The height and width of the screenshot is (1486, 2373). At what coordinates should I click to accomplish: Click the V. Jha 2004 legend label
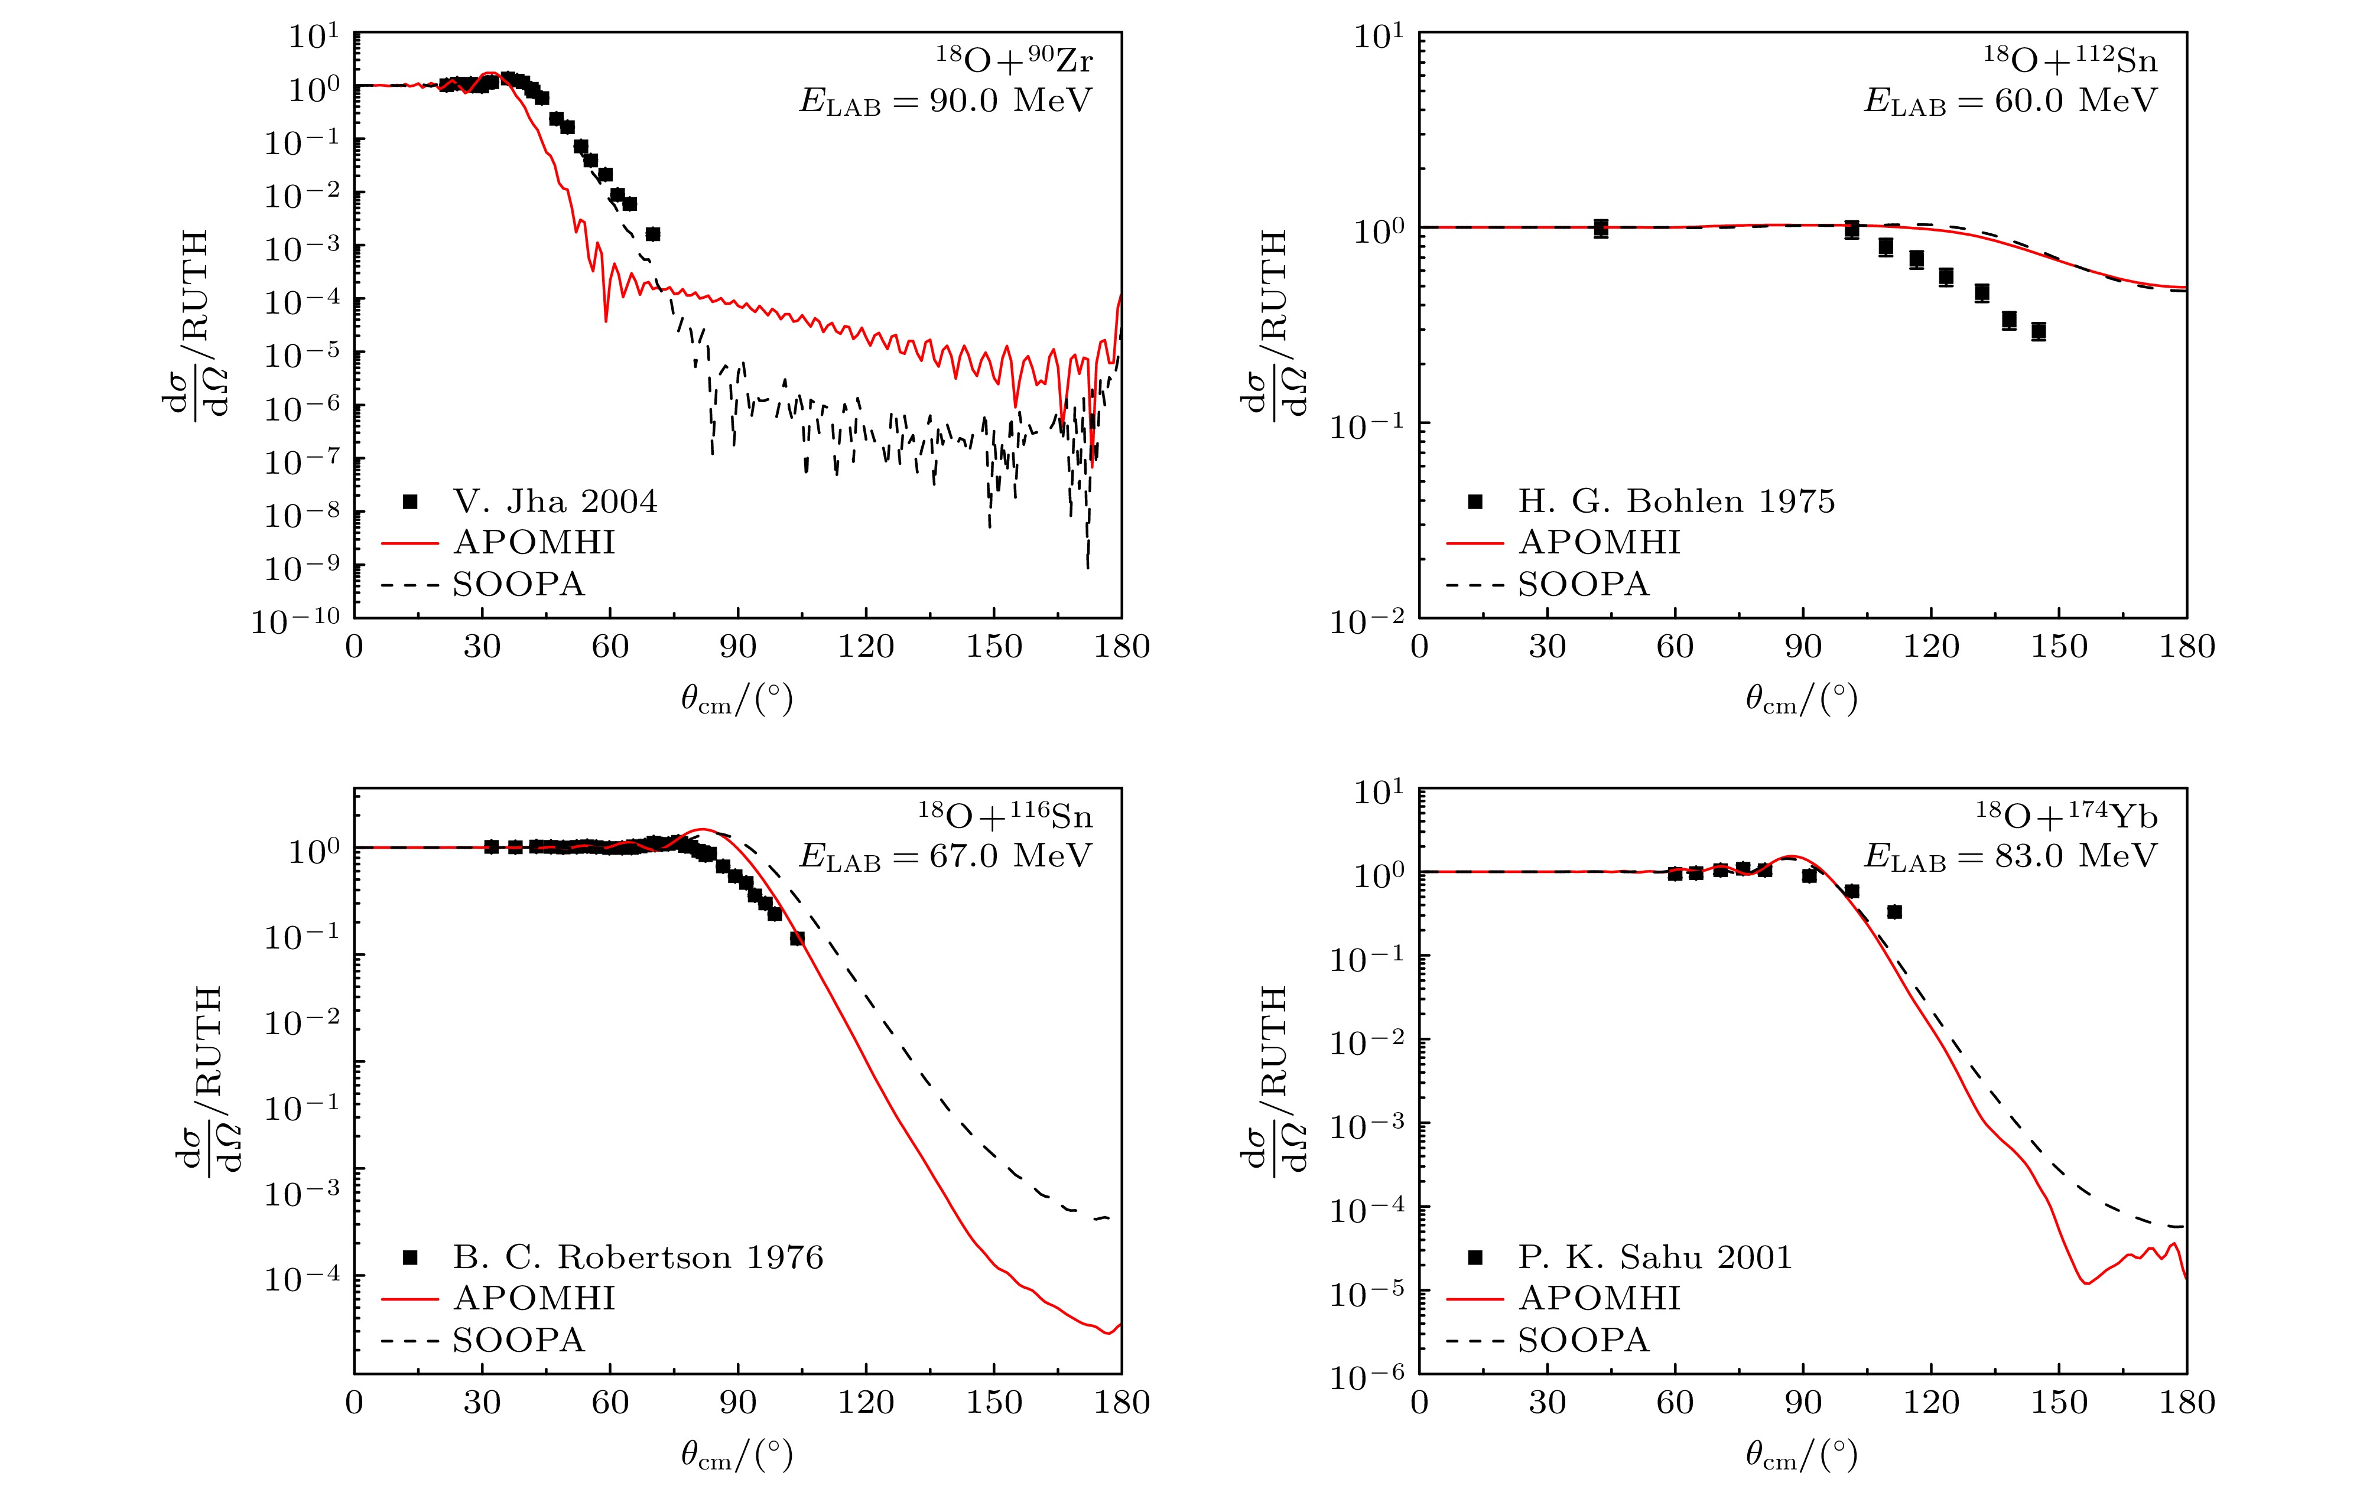[554, 501]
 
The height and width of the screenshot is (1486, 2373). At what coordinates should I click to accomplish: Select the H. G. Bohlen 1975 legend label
[1676, 501]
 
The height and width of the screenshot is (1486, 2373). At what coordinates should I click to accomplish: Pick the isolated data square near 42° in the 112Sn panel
[1600, 229]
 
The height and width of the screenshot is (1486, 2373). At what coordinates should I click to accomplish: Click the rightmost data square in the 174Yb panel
[1894, 912]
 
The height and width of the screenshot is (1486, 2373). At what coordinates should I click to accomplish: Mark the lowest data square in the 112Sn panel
[2039, 331]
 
